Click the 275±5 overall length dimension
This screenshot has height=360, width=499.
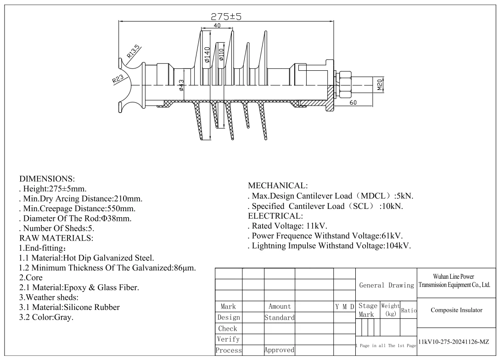coord(226,16)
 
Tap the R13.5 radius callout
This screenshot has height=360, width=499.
coord(133,51)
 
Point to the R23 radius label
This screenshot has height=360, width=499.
coord(118,79)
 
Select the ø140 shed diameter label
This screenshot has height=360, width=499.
coord(207,55)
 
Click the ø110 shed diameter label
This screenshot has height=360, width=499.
coord(221,55)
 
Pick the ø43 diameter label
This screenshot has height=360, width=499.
coord(181,85)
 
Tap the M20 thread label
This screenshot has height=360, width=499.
coord(380,85)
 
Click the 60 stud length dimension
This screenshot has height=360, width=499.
coord(353,102)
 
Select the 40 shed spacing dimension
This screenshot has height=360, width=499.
coord(217,25)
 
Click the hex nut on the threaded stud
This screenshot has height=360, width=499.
coord(344,84)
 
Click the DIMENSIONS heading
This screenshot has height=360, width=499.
coord(47,179)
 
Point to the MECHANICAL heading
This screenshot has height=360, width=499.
coord(278,185)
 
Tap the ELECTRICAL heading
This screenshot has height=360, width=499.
coord(275,216)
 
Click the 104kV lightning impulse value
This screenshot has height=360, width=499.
coord(398,246)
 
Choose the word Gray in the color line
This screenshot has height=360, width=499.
coord(64,317)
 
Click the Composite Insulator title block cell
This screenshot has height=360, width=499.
coord(456,310)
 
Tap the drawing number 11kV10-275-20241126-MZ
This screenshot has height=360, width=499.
coord(454,342)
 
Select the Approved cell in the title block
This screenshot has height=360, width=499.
coord(279,350)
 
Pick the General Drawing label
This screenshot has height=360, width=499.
coord(387,285)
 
